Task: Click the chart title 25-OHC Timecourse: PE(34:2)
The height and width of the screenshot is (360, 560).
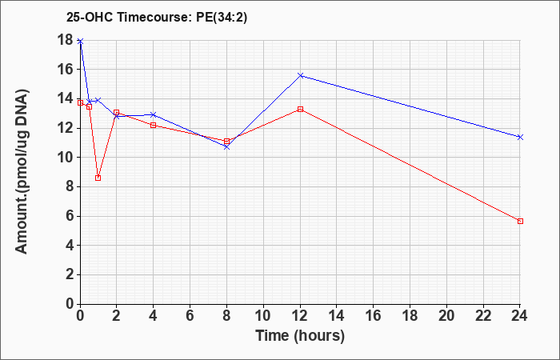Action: [x=157, y=18]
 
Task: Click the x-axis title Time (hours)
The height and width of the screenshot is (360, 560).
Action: [x=300, y=336]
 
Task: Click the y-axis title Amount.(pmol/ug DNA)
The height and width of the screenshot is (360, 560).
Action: [x=22, y=172]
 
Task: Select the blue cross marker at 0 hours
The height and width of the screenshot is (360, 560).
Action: [x=80, y=42]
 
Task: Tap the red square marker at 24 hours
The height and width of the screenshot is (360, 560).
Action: [x=520, y=222]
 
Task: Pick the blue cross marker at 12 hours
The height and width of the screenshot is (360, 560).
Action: [x=300, y=76]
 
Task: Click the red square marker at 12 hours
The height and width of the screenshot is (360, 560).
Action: [x=300, y=110]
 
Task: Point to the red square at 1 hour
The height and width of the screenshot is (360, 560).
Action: [x=98, y=178]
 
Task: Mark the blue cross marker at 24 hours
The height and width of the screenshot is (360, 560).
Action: [x=520, y=137]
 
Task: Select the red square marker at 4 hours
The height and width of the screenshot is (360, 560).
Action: [x=154, y=126]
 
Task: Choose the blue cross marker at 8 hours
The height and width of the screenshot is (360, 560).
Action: [x=226, y=146]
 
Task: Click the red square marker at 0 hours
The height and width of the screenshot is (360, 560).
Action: [x=80, y=103]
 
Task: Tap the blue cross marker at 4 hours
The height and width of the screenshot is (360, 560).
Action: [x=154, y=114]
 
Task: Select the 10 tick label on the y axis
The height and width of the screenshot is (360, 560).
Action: [x=66, y=158]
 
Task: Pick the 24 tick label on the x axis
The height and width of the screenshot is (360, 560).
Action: [x=519, y=316]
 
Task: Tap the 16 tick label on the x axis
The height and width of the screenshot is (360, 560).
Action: [x=374, y=316]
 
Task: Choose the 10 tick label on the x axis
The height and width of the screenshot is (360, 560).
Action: [x=263, y=316]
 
